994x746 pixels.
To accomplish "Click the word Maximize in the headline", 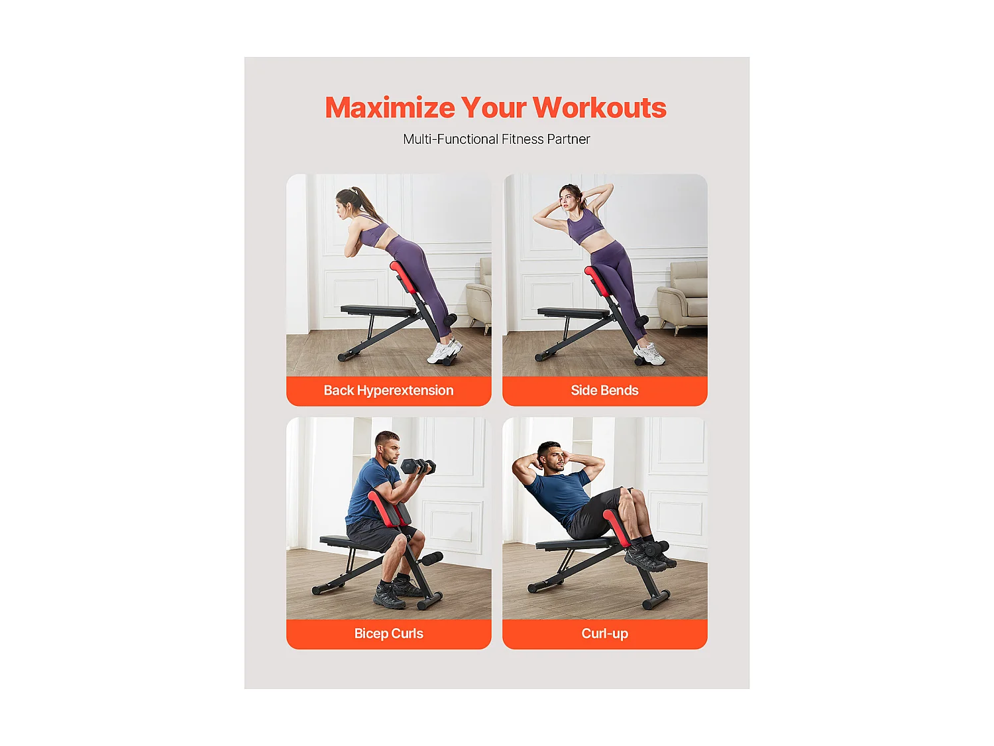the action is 390,108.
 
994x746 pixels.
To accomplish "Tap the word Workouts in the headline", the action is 599,108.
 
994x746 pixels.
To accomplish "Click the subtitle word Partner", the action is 568,139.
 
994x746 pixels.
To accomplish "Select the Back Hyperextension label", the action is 388,391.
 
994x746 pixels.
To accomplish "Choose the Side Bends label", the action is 604,391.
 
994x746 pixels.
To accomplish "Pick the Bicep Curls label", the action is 388,633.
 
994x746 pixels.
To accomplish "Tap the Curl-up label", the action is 604,633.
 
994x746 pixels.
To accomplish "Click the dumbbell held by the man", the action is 418,467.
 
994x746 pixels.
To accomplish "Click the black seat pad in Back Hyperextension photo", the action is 378,310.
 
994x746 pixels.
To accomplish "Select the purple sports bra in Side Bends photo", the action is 584,227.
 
